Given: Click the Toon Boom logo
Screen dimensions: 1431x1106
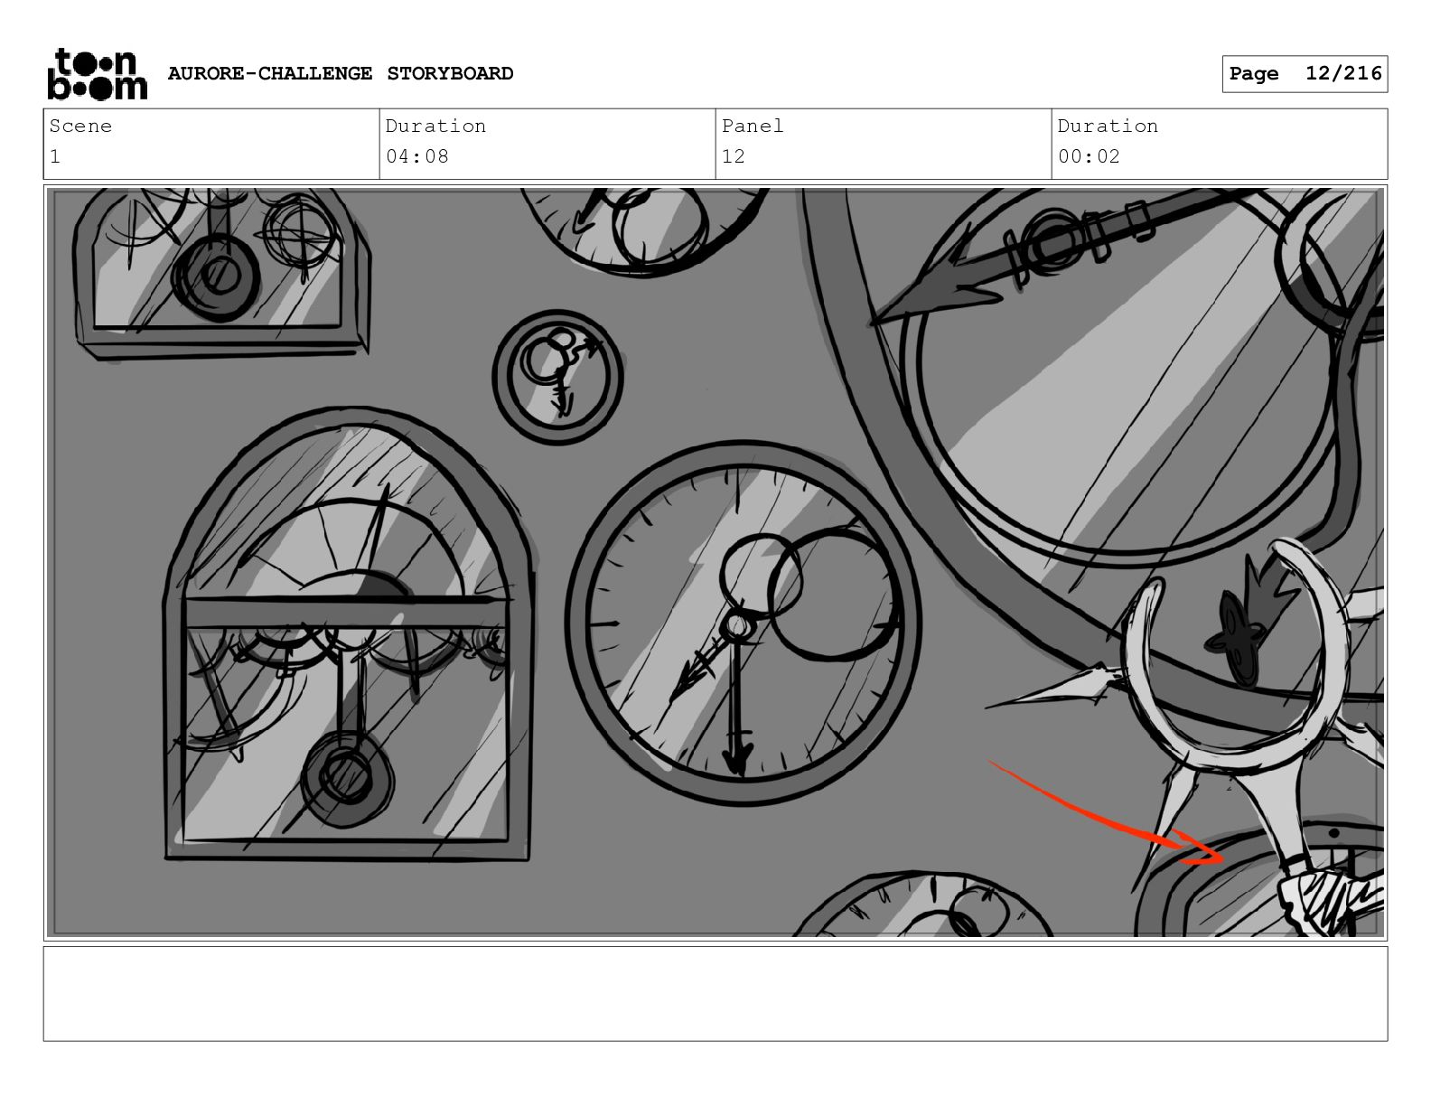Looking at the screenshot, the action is pyautogui.click(x=98, y=74).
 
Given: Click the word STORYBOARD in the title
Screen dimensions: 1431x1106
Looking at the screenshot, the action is pyautogui.click(x=450, y=73).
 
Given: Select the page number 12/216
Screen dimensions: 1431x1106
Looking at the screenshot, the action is pyautogui.click(x=1343, y=73).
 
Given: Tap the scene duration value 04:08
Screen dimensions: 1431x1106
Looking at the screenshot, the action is pyautogui.click(x=416, y=156).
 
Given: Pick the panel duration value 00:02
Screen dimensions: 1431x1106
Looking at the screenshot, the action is pyautogui.click(x=1089, y=156).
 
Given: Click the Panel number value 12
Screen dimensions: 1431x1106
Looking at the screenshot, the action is pyautogui.click(x=733, y=156).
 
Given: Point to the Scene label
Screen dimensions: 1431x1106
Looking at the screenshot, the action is pyautogui.click(x=80, y=126).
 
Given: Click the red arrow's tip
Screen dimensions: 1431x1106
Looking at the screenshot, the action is pyautogui.click(x=1223, y=859).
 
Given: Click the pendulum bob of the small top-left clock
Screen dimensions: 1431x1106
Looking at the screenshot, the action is pyautogui.click(x=216, y=276).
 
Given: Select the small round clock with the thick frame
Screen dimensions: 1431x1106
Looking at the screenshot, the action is pyautogui.click(x=557, y=378).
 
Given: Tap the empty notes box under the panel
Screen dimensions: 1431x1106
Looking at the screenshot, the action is pyautogui.click(x=715, y=994).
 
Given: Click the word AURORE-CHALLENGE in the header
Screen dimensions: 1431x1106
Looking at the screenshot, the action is pyautogui.click(x=270, y=73).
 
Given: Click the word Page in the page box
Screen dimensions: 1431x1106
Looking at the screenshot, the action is pyautogui.click(x=1254, y=74).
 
